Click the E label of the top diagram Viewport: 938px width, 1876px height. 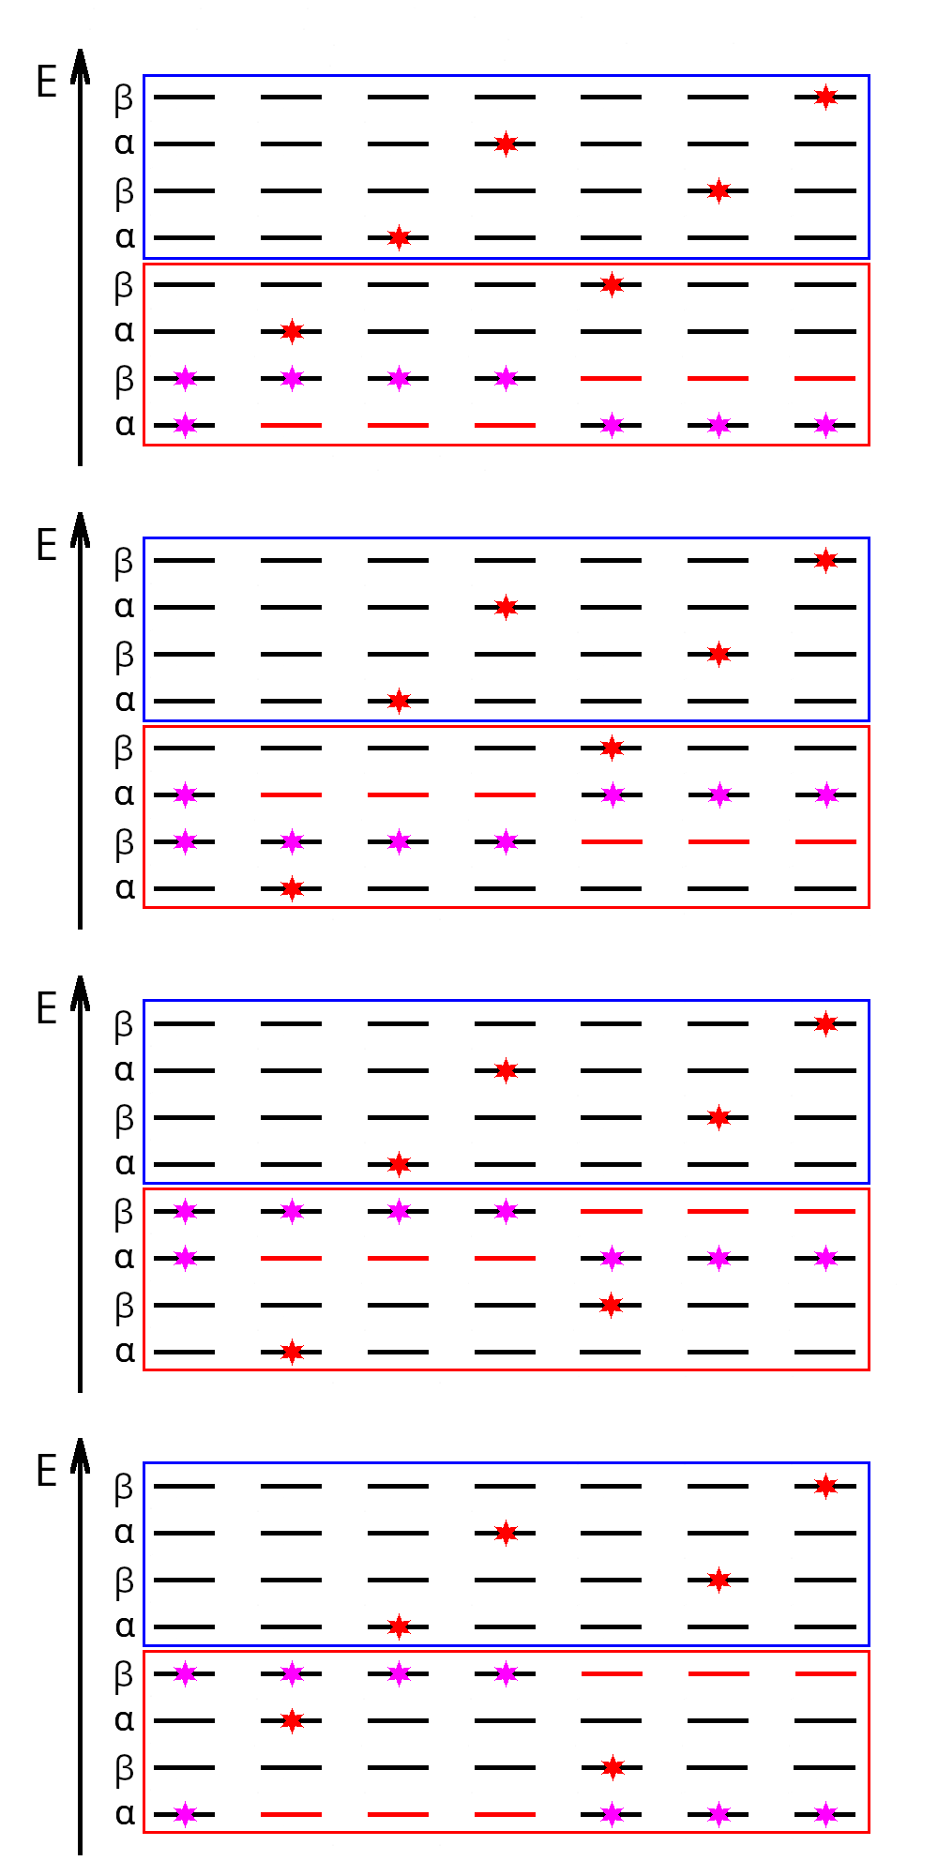(47, 83)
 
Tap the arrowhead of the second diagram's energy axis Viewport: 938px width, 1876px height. (80, 530)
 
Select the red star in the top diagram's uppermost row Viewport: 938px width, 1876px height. (825, 97)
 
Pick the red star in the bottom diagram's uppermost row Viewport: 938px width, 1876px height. (825, 1486)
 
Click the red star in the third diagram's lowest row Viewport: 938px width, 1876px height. (292, 1352)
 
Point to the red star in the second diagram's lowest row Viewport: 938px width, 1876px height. (292, 888)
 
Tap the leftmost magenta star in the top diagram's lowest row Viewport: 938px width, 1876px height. (186, 425)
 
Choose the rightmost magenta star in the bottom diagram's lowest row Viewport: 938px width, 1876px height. (825, 1814)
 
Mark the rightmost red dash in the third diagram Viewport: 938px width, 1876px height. (825, 1211)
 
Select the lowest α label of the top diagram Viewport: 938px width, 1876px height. (125, 425)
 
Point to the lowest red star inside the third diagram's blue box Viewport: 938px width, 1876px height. (399, 1164)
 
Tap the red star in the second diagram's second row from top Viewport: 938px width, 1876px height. (506, 607)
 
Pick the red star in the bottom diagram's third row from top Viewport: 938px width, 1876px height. (719, 1580)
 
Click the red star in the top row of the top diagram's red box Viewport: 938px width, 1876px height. (612, 284)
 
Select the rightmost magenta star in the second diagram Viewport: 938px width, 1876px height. (825, 794)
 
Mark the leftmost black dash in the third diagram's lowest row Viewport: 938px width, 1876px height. (184, 1352)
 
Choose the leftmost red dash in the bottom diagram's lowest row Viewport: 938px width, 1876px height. (292, 1814)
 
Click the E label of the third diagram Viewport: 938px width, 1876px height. (47, 1008)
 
